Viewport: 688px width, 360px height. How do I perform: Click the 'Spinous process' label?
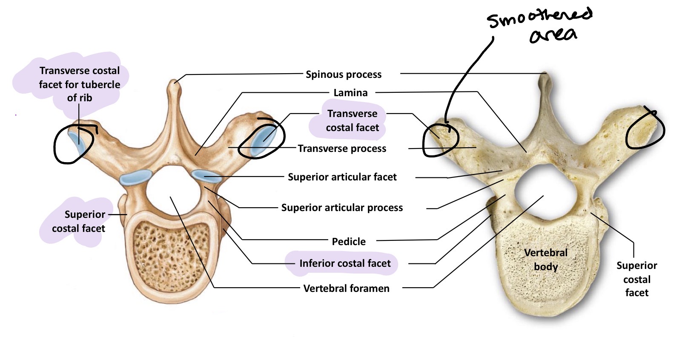344,74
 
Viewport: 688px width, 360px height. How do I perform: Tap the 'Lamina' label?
350,93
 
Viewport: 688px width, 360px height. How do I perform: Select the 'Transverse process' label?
342,149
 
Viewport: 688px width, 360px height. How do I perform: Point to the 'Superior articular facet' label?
342,177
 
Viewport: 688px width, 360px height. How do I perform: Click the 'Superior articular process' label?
342,208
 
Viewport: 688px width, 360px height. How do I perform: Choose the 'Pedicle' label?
349,242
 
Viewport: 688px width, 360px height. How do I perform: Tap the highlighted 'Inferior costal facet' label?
344,263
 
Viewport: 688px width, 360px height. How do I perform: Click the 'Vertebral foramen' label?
346,289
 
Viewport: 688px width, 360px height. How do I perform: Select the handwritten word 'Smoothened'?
539,18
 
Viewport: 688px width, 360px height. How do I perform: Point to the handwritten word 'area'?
553,35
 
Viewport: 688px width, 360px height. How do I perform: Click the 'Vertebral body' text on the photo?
546,260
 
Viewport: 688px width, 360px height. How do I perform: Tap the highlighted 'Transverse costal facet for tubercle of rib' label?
80,84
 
